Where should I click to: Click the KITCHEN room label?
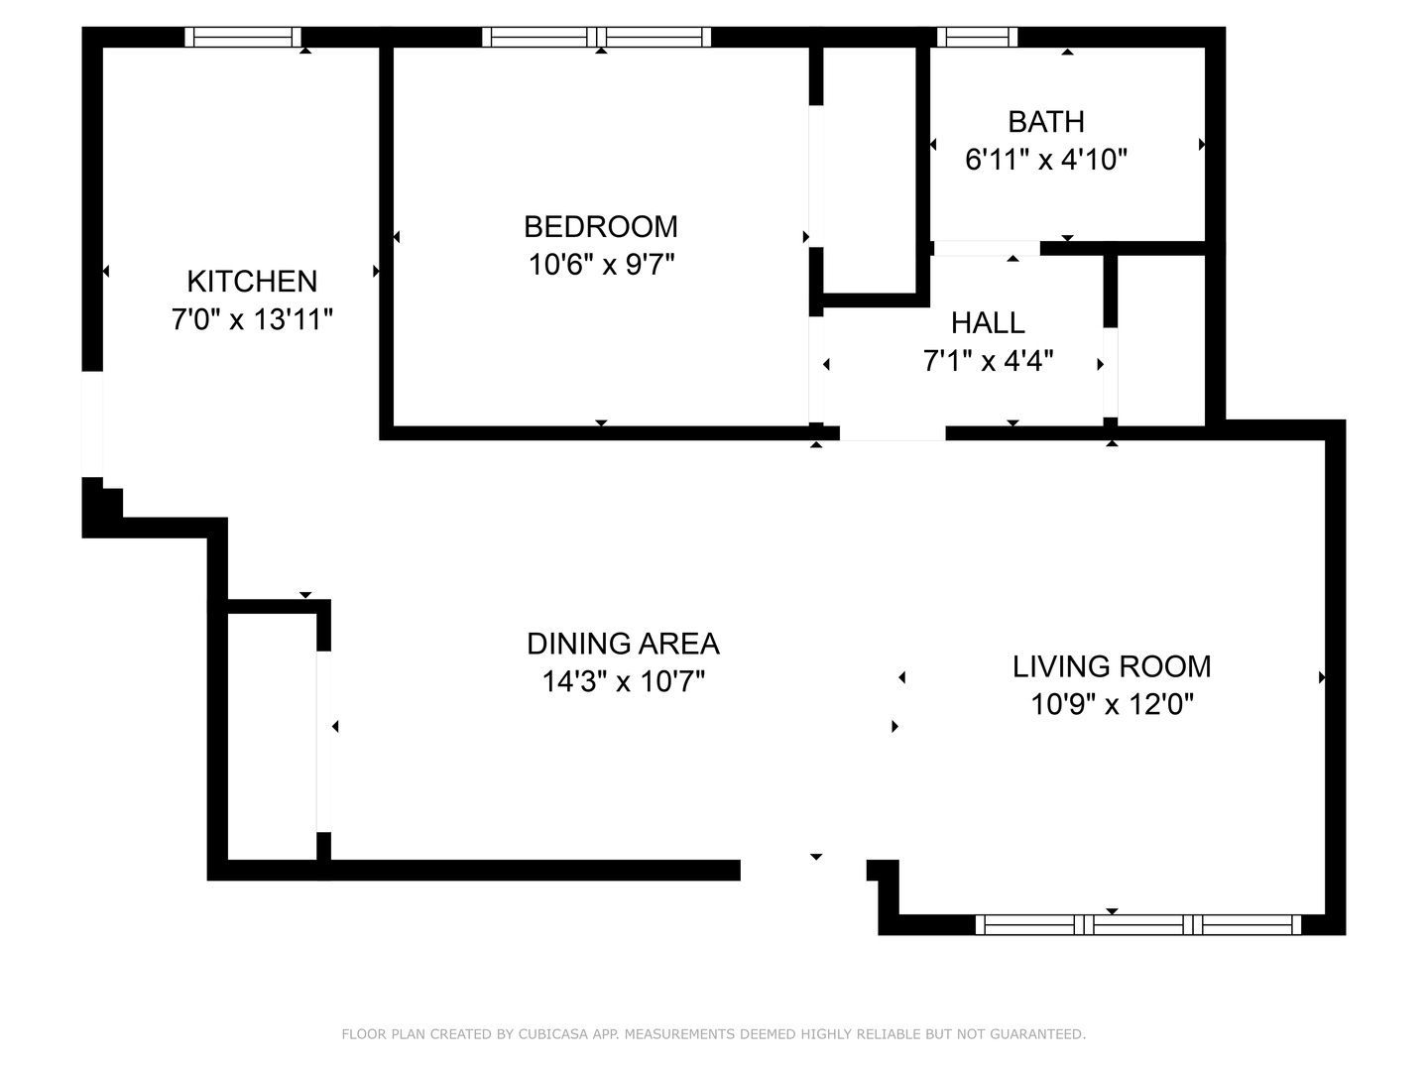point(252,282)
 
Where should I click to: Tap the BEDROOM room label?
point(600,227)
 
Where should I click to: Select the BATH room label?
point(1045,122)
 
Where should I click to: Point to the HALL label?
point(988,323)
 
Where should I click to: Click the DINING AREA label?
point(623,644)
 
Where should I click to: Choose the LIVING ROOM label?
point(1111,666)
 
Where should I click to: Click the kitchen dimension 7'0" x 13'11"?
point(252,320)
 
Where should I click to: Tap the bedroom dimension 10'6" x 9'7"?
point(600,265)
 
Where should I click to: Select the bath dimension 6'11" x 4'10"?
point(1046,160)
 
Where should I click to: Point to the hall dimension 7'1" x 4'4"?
point(988,361)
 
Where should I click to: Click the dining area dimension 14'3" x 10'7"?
point(623,682)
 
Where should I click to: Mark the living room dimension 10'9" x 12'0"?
point(1111,705)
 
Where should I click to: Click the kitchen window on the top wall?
point(243,38)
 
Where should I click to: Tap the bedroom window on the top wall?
point(597,38)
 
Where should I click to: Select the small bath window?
point(978,38)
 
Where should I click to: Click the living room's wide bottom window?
point(1138,925)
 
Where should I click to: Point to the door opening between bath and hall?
point(986,248)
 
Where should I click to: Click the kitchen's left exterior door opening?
point(91,424)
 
